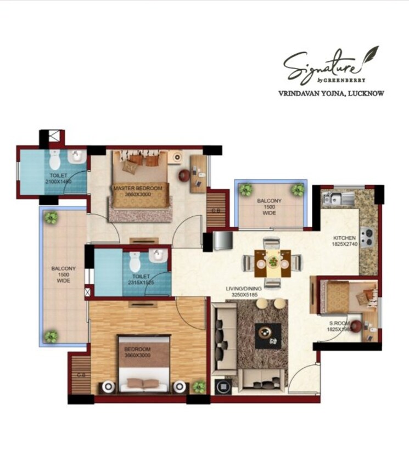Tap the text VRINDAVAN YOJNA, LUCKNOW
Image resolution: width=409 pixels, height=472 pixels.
332,93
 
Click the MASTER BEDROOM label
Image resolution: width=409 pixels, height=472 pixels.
138,188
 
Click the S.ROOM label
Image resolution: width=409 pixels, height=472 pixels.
340,324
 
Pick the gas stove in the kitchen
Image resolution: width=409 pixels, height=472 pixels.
367,238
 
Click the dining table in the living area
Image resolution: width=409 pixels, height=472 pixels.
273,262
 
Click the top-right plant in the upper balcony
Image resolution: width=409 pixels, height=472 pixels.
298,190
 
